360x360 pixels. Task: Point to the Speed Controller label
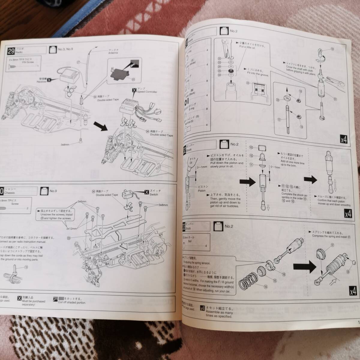pos(148,92)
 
